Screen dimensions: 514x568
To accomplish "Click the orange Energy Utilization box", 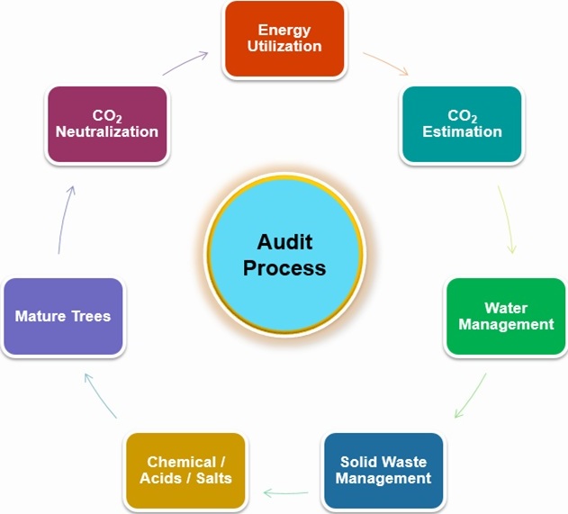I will [x=284, y=39].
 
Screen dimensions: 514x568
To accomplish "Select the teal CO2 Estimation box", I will [x=462, y=124].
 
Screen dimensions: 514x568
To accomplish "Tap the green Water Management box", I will [x=506, y=316].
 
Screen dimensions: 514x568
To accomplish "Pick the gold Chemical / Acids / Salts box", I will [x=185, y=470].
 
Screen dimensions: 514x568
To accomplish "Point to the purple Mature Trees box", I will [x=63, y=316].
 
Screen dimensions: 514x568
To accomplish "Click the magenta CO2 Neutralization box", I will [x=106, y=124].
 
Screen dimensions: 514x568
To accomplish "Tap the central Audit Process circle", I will [x=284, y=256].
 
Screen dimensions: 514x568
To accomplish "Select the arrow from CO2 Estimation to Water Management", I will [x=507, y=220].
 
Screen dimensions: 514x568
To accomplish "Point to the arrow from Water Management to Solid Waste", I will [x=470, y=397].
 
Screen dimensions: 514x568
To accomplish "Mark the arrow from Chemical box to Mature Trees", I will [x=100, y=396].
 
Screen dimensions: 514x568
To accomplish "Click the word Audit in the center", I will [x=284, y=242].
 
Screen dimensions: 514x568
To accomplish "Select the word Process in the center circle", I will [x=284, y=268].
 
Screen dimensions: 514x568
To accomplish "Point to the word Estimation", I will [x=462, y=131].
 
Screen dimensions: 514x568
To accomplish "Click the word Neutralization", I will [x=106, y=131].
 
